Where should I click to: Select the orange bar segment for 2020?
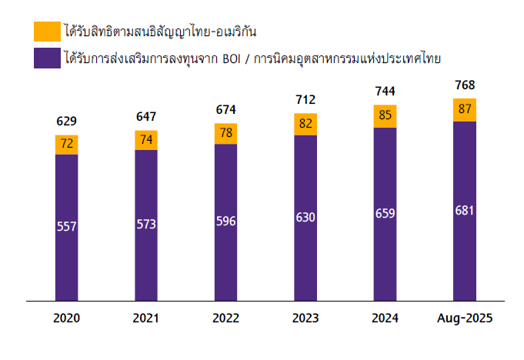point(67,145)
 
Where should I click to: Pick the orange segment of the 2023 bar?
point(305,124)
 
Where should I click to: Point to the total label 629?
point(67,121)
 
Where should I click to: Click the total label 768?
point(464,85)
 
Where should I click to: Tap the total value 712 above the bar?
point(305,99)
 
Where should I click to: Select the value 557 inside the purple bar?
point(67,226)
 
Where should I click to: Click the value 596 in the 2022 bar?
point(226,222)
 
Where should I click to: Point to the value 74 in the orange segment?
point(146,140)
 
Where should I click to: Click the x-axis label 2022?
point(226,318)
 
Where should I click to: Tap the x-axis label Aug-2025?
point(464,318)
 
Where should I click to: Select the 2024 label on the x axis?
point(385,318)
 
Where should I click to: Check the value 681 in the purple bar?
point(464,210)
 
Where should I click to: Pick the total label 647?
point(146,116)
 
